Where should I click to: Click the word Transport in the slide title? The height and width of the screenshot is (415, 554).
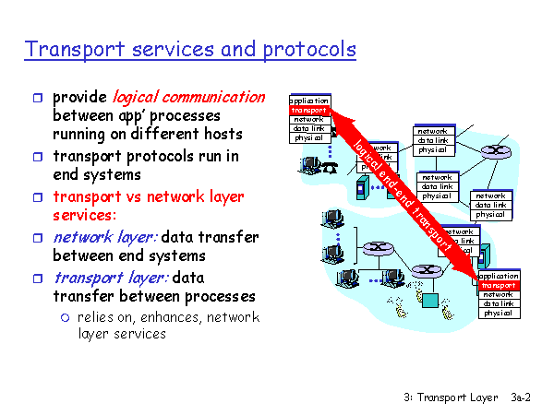[69, 48]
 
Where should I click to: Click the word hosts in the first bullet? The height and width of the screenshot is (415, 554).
[221, 134]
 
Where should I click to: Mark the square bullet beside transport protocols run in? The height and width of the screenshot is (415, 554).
[36, 157]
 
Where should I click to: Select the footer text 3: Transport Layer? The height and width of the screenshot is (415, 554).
[451, 397]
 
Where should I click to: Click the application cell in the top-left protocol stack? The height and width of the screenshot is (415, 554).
[308, 101]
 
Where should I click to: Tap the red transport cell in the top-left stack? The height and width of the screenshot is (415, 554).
[308, 111]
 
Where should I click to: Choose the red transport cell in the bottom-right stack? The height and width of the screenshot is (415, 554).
[499, 285]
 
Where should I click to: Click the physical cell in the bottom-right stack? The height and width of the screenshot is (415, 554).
[499, 314]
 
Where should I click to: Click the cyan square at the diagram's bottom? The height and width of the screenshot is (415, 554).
[430, 301]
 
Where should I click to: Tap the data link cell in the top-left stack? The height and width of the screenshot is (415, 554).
[308, 129]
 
